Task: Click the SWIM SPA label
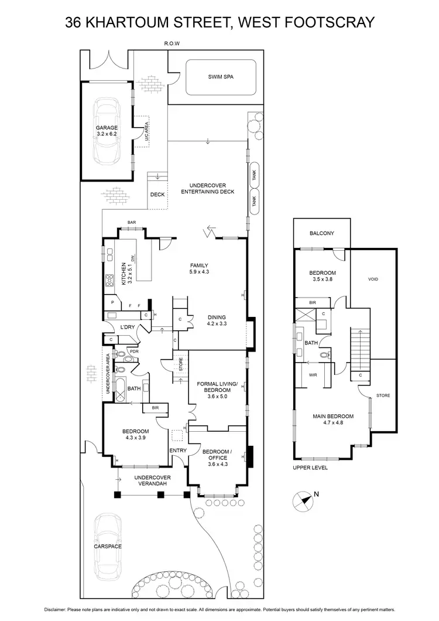(221, 76)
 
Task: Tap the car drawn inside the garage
(107, 132)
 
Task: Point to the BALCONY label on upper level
(322, 233)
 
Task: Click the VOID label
(373, 279)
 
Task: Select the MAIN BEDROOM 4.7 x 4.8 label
(332, 419)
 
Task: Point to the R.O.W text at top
(172, 44)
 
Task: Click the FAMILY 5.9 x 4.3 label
(199, 268)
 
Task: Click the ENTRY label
(177, 450)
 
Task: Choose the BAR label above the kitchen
(132, 223)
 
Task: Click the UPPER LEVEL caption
(310, 468)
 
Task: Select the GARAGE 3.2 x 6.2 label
(107, 131)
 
